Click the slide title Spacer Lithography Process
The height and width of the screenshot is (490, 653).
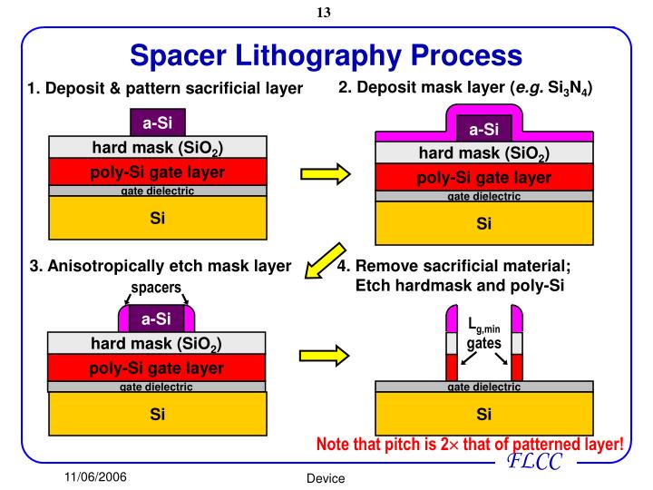326,56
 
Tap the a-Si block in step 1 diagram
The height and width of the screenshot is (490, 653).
157,122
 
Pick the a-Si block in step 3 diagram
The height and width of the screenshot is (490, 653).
156,318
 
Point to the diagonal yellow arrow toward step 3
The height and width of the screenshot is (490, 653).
324,260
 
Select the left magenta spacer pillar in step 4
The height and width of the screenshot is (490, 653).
452,320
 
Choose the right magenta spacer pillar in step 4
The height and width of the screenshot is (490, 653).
517,320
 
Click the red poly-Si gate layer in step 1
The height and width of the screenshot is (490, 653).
157,171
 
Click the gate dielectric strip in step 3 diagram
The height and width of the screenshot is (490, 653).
156,387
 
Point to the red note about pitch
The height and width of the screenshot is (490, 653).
469,445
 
